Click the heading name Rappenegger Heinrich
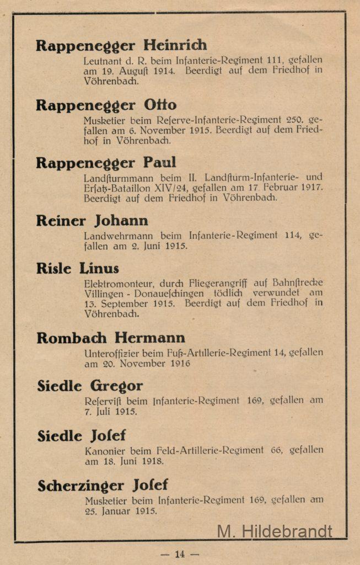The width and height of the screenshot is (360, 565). pos(121,45)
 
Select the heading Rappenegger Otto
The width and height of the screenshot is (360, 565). pos(106,105)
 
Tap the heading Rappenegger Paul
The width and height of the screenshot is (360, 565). pos(106,163)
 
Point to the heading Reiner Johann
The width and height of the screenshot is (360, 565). pos(92,221)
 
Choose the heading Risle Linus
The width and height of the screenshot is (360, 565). pos(78,269)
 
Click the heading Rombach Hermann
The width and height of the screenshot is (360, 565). pos(111,337)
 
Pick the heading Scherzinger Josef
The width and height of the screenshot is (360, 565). pos(103,486)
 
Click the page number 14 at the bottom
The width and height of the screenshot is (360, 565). pos(180,554)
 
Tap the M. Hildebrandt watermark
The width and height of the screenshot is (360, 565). pos(275,531)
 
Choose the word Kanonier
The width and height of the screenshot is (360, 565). pos(104,450)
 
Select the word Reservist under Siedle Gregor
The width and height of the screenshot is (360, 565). pos(104,401)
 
